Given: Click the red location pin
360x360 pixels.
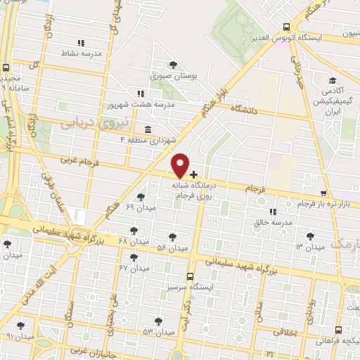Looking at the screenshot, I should (x=181, y=165).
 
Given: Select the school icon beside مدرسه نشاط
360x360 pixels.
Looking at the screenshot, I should (x=81, y=43).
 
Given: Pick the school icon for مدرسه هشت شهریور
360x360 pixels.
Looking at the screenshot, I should (x=141, y=93).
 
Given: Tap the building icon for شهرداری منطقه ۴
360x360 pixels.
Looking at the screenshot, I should (x=147, y=129).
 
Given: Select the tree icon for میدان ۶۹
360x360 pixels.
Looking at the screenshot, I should (x=141, y=197).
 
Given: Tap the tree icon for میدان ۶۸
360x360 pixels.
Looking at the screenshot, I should (x=134, y=230).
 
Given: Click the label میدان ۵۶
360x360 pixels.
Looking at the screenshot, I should (x=172, y=248).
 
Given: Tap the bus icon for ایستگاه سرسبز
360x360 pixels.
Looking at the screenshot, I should (x=190, y=277).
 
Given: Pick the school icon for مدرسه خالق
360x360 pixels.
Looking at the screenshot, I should (x=272, y=211).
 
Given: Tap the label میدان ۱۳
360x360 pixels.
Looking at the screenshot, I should (x=309, y=247).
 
